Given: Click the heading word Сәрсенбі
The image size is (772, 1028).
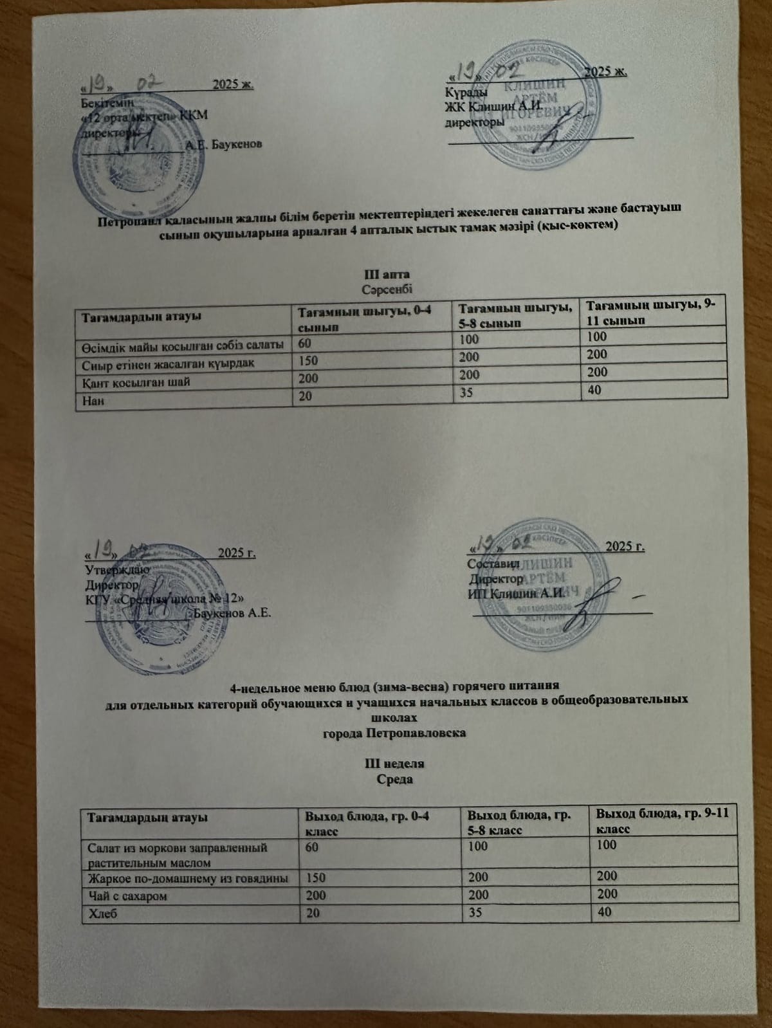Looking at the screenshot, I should coord(387,289).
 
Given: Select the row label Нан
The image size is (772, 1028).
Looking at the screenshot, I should coord(94,400).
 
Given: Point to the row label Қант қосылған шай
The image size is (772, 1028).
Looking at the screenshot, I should coord(136,382).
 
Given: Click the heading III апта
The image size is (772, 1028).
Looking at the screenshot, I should coord(387,275).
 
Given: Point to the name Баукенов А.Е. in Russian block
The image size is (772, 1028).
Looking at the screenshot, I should coord(232,613).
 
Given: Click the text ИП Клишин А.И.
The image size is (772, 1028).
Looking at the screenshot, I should coord(517,593).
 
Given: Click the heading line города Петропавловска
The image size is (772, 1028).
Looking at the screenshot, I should coord(394,733).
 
